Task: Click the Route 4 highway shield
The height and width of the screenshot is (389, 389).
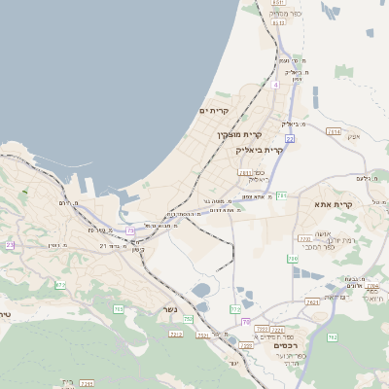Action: click(275, 85)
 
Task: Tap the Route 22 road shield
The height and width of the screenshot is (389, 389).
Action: click(290, 139)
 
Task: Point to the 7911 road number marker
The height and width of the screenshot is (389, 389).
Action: click(245, 172)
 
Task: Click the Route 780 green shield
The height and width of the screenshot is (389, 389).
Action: click(293, 259)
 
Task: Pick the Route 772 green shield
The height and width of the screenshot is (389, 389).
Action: click(235, 308)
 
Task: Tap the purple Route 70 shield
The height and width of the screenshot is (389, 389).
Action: click(245, 321)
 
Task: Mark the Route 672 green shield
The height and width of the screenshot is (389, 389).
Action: click(60, 285)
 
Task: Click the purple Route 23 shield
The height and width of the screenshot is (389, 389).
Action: click(10, 245)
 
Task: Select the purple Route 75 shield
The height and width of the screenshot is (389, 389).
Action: click(129, 230)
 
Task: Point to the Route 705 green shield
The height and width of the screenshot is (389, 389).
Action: click(119, 309)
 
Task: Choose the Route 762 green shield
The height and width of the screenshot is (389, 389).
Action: click(333, 337)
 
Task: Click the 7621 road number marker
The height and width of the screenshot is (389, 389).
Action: click(312, 302)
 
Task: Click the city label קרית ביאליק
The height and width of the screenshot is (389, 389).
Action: click(261, 151)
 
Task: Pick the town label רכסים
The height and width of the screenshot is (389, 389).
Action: click(283, 346)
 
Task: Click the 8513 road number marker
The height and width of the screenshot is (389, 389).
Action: click(278, 4)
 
